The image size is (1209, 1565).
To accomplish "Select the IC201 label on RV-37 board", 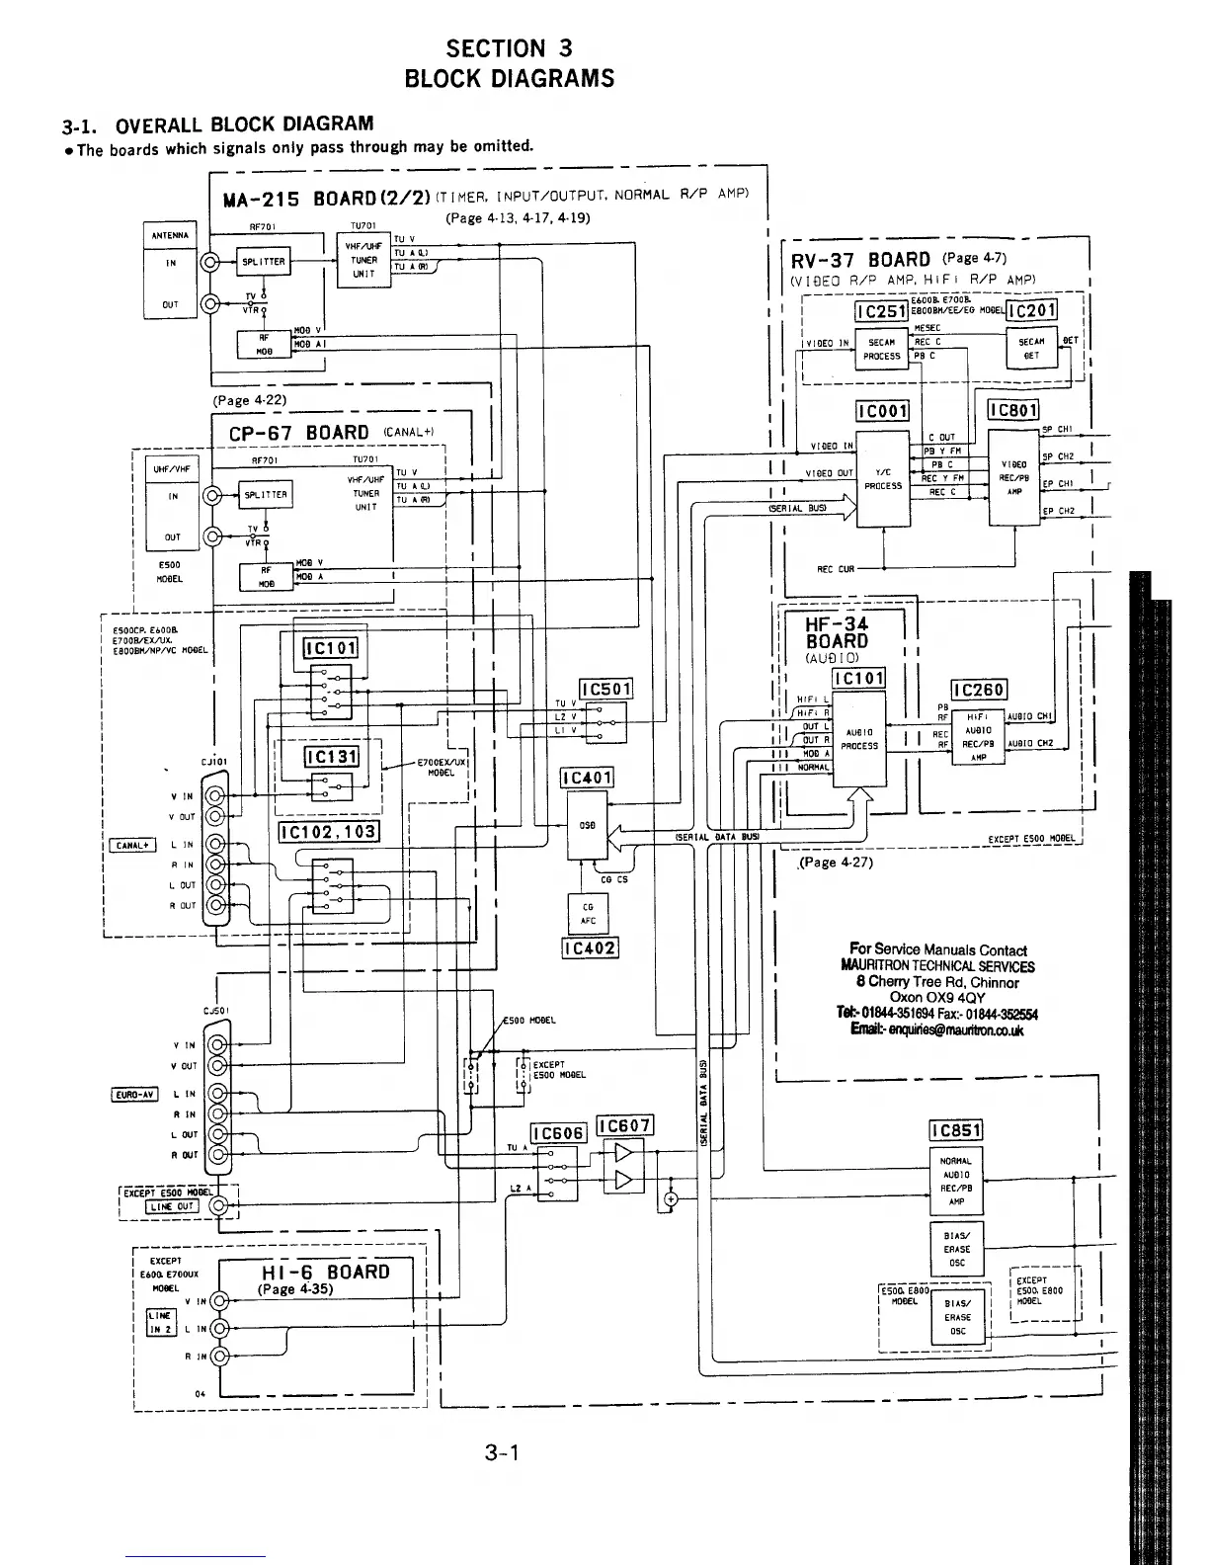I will click(x=1031, y=310).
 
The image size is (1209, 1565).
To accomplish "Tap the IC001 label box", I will click(x=882, y=411).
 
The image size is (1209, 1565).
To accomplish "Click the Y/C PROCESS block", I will click(x=882, y=480).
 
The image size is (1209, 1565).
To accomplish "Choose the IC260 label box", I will click(x=978, y=691).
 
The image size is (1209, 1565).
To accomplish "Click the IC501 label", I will click(x=605, y=689).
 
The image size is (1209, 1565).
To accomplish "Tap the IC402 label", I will click(x=589, y=948).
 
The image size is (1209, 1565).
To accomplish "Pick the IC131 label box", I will click(x=332, y=758).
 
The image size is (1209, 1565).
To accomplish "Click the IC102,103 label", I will click(x=329, y=832).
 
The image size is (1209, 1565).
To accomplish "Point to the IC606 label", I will click(x=559, y=1133).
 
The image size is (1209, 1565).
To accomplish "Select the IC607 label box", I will click(x=624, y=1126).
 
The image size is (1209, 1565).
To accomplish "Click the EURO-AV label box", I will click(x=134, y=1094).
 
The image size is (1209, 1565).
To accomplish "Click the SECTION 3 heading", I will click(x=509, y=48).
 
